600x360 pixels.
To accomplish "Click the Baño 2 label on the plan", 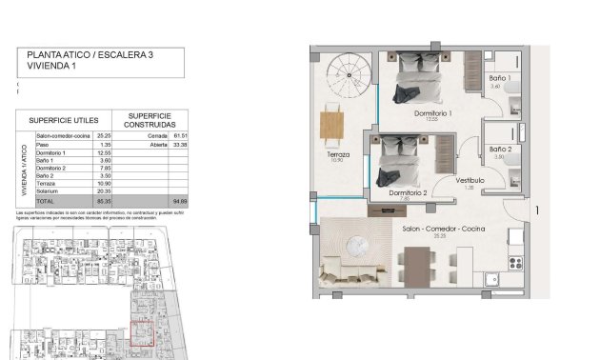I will [501, 150].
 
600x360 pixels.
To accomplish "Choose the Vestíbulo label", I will [470, 180].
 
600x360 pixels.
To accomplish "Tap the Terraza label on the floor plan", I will [337, 154].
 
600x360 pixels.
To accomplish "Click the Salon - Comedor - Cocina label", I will [438, 230].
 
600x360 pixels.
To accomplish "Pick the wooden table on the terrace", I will [332, 125].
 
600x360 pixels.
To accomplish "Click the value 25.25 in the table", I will [104, 136].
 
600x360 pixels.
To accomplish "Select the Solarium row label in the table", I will [50, 193].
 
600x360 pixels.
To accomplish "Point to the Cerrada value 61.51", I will [178, 136].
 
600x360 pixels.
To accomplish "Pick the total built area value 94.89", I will [178, 202].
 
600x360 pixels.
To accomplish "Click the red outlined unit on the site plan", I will [142, 333].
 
